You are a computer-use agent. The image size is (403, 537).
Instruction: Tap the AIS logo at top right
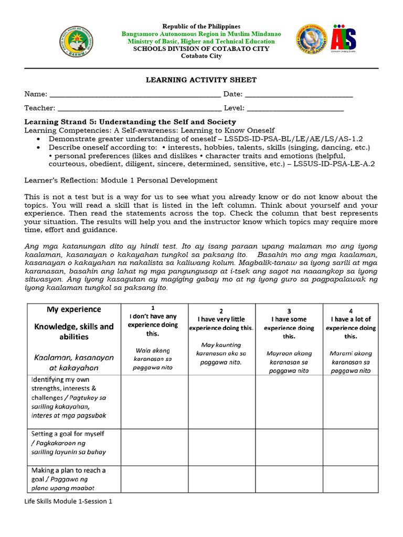tap(343, 39)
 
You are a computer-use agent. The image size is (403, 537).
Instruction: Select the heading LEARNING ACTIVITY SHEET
tap(201, 80)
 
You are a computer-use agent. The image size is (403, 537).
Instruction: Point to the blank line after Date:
tap(299, 95)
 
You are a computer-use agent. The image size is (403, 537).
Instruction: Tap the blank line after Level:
tap(295, 109)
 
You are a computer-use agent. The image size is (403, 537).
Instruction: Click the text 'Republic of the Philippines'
tap(201, 26)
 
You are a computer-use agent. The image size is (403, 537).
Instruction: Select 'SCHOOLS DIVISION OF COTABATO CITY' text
tap(201, 49)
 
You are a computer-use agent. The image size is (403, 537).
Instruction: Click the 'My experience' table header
tap(74, 309)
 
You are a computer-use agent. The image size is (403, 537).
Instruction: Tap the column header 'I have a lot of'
tap(351, 319)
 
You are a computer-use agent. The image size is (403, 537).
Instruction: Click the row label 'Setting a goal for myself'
tap(68, 434)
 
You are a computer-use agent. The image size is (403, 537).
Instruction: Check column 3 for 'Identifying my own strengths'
tap(289, 401)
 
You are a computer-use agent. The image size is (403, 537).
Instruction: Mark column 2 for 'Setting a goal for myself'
tap(221, 443)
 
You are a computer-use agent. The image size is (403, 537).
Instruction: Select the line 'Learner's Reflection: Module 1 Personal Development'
tap(121, 180)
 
